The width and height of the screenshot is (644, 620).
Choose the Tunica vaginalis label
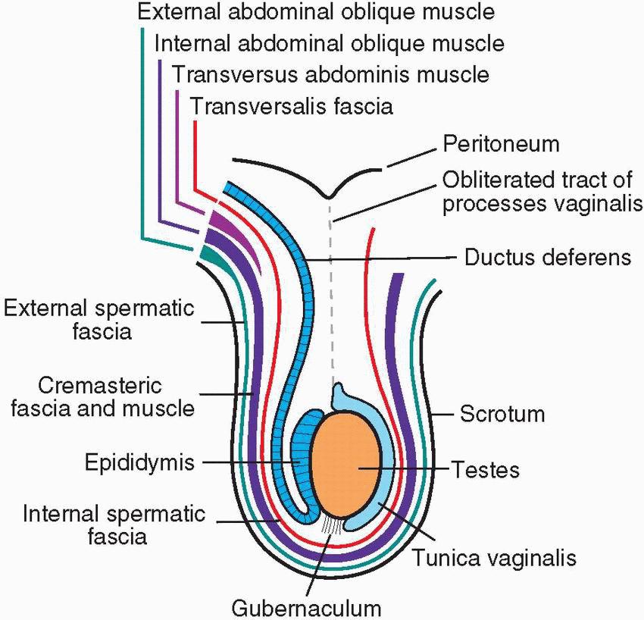pos(495,559)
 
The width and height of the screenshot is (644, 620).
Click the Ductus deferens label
pos(547,258)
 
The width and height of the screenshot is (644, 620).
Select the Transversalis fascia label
pos(292,105)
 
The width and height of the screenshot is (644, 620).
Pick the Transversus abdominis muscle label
pos(330,75)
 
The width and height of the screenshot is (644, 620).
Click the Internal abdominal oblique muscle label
pos(330,43)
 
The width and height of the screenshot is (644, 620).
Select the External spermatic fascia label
pos(98,320)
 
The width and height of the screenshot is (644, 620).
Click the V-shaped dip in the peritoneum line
pos(328,195)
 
